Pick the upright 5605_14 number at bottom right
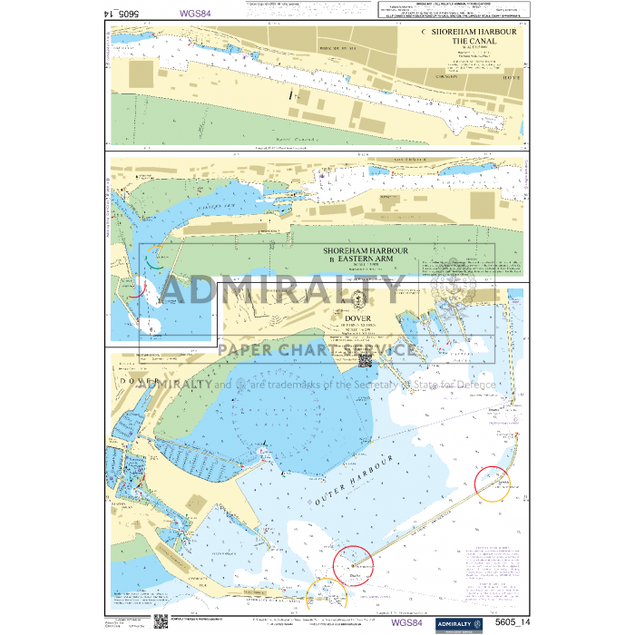point(511,621)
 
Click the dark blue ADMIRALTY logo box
point(456,621)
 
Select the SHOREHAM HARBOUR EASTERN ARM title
point(366,255)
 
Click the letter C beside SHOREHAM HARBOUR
point(424,32)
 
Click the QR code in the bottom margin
point(160,621)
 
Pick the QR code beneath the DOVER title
point(367,360)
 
